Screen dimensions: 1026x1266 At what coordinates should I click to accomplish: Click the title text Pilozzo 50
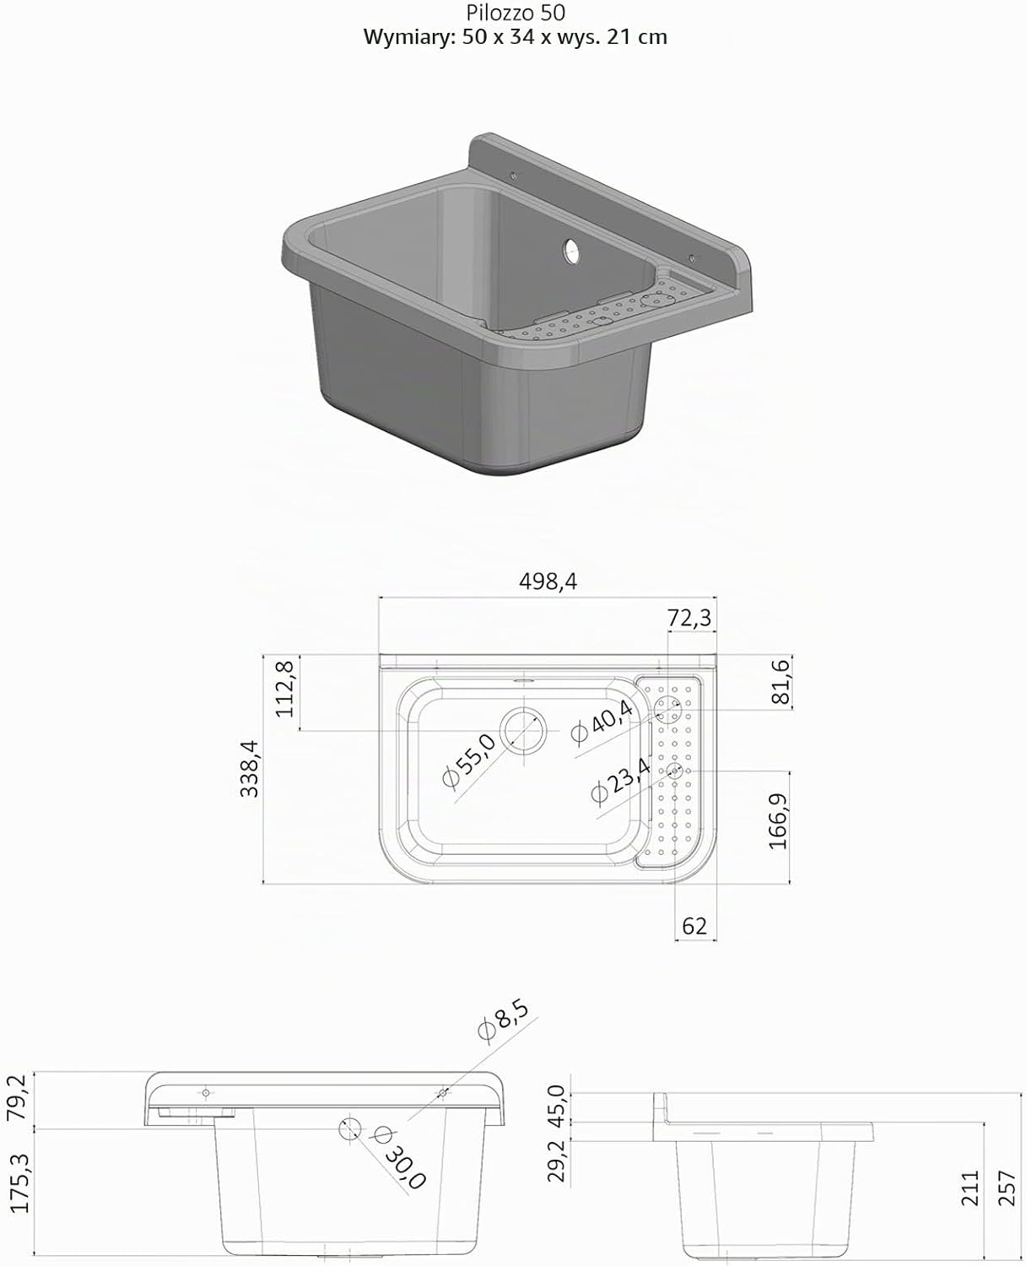tap(515, 13)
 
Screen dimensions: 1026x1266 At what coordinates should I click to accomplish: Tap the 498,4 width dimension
tap(548, 581)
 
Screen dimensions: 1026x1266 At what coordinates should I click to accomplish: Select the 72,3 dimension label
tap(689, 618)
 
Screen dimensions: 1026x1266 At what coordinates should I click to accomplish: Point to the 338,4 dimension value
tap(250, 769)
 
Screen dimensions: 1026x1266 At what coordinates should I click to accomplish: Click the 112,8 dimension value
tap(285, 689)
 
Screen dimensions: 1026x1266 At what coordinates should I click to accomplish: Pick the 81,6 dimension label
tap(780, 681)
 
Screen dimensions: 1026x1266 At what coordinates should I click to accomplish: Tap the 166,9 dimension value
tap(778, 821)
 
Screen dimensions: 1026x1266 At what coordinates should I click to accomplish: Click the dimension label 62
tap(694, 926)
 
